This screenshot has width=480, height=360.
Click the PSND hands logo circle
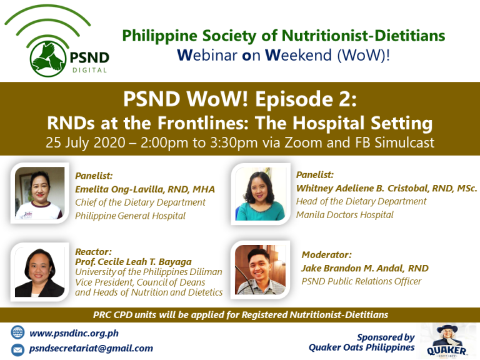point(48,59)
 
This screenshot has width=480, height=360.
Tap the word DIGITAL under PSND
point(90,71)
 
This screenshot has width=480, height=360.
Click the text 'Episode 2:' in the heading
point(306,99)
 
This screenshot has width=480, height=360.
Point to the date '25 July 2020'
point(86,143)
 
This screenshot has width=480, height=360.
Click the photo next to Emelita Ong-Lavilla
point(40,193)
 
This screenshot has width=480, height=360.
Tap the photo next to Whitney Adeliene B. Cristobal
point(260,194)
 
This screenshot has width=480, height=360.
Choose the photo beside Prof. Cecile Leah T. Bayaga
point(40,272)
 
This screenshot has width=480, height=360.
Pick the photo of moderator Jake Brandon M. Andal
point(260,270)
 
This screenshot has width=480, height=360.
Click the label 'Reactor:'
point(93,252)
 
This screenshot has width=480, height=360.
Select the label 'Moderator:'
point(327,255)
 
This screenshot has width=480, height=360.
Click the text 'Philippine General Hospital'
point(131,216)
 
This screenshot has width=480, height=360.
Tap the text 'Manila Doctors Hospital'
point(345,214)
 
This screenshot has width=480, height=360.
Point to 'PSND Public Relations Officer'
point(361,281)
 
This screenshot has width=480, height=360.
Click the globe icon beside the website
point(17,332)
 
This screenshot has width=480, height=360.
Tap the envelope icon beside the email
point(17,350)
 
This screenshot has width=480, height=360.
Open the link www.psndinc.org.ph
point(74,333)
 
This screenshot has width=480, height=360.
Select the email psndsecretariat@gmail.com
point(91,349)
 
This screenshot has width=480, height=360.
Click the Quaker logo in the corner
point(447,341)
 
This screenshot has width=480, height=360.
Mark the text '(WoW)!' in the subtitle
point(363,56)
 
